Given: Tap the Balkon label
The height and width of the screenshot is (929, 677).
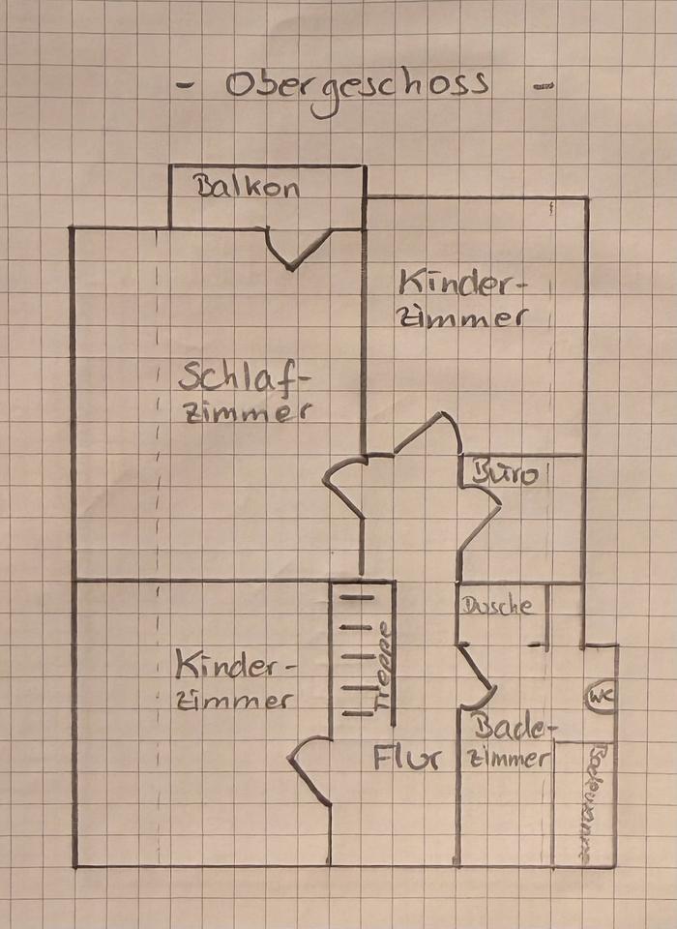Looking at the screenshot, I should (249, 187).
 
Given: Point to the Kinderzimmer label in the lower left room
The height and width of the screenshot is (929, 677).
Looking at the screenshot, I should (234, 681).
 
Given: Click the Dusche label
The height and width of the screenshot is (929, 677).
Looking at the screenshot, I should (497, 607).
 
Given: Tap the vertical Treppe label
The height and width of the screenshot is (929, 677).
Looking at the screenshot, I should (384, 667).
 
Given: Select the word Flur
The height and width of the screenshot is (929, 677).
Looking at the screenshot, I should (407, 758).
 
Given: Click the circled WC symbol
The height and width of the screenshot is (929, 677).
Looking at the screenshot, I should (600, 696).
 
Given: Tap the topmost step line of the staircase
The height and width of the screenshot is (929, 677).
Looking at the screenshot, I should (357, 598).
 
